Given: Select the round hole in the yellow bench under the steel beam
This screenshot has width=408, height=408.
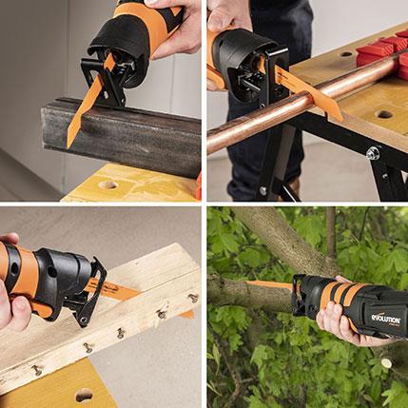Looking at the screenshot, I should (x=107, y=185).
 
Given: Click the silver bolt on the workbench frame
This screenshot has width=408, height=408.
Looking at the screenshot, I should (x=374, y=152).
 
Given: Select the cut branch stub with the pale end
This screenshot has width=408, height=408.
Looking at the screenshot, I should (x=384, y=362).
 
